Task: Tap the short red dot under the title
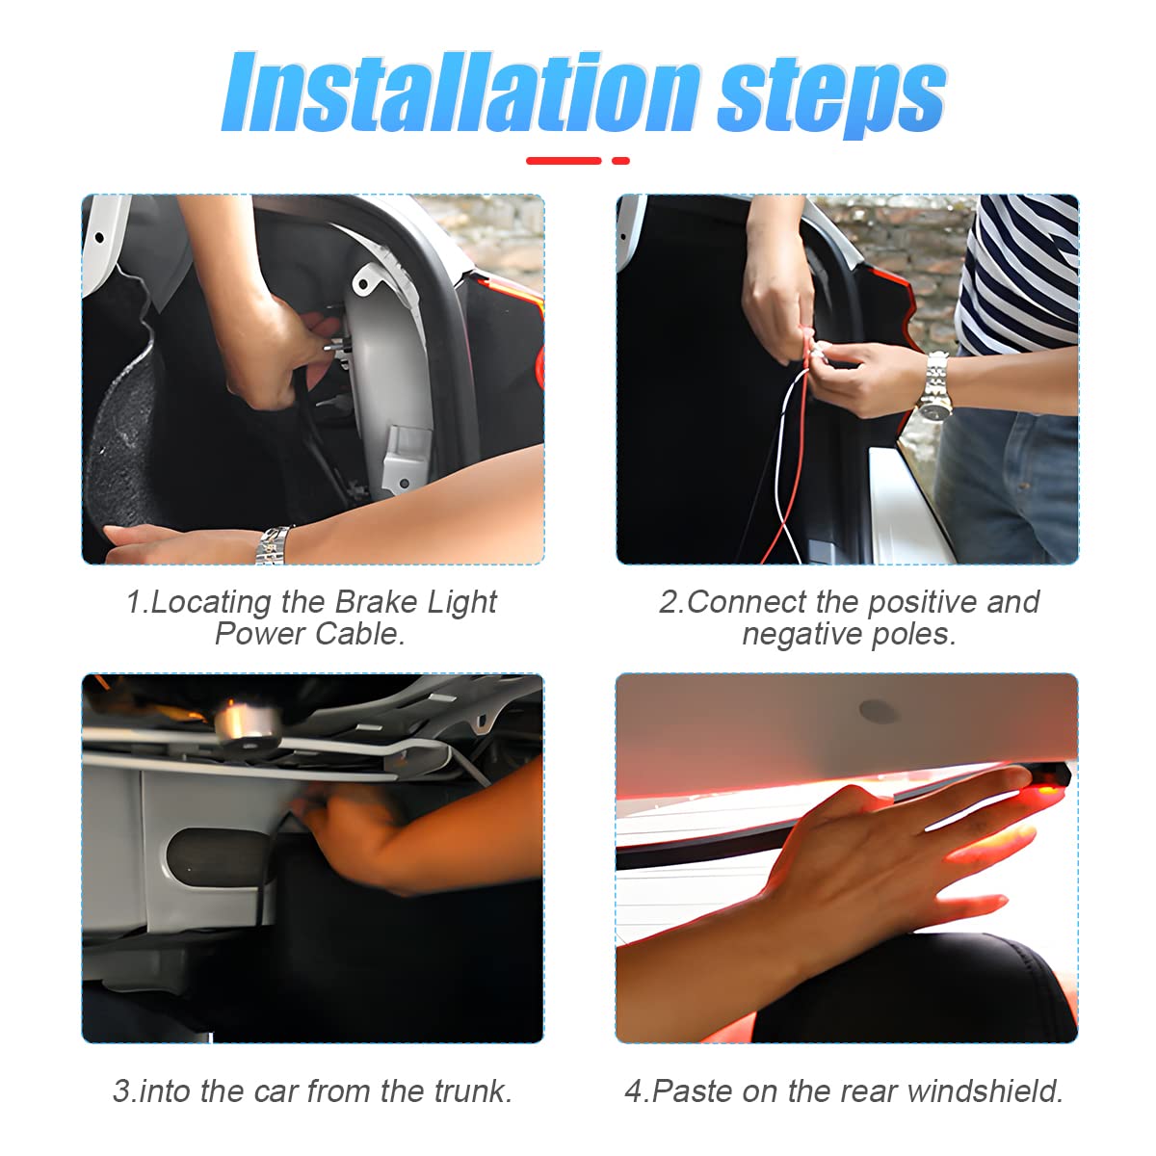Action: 620,161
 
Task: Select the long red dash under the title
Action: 563,161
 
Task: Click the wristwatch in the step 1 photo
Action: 274,544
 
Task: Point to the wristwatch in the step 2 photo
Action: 933,386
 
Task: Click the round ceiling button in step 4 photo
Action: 878,712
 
